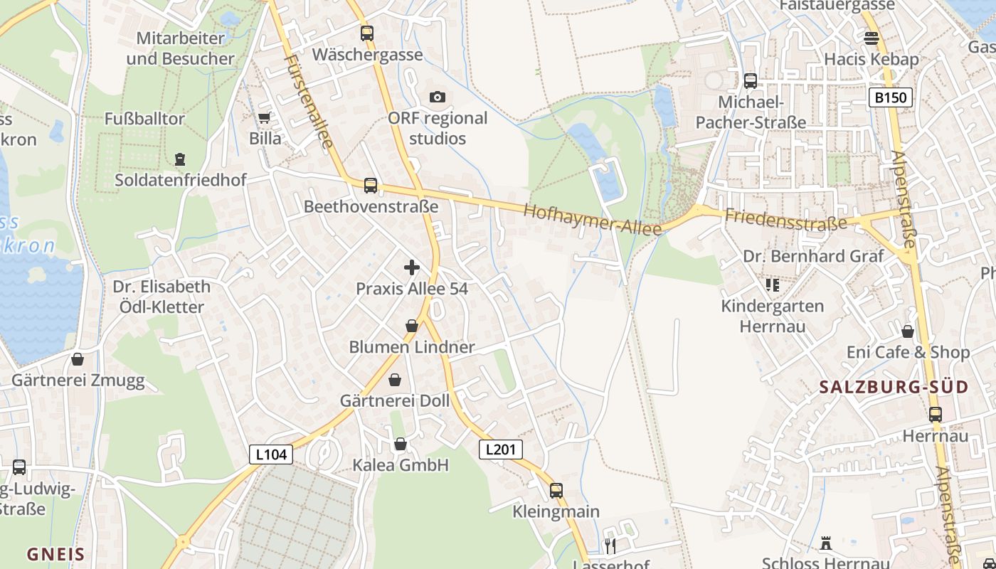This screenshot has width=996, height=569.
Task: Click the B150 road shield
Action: click(x=891, y=97)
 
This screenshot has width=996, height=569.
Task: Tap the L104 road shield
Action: click(x=271, y=454)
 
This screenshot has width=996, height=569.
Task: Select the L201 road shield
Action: click(x=501, y=450)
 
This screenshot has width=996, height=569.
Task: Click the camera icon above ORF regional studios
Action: click(x=438, y=97)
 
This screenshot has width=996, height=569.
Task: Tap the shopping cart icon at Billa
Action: click(x=265, y=118)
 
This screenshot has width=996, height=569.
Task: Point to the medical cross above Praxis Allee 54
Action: click(x=412, y=267)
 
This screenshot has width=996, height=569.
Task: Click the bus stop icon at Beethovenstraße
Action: click(x=371, y=186)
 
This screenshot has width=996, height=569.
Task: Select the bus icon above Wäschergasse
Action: click(x=367, y=33)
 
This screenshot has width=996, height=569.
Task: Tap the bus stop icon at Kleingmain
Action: click(x=556, y=490)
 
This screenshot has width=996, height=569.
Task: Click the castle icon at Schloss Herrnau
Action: click(x=826, y=543)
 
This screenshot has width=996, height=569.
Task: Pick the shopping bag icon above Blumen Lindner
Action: click(x=412, y=326)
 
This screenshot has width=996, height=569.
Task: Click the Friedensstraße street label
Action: click(x=786, y=218)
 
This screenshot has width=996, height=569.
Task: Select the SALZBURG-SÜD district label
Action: click(x=894, y=388)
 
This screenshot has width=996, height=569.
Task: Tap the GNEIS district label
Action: click(x=55, y=554)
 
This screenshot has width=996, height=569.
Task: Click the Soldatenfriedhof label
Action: click(x=181, y=180)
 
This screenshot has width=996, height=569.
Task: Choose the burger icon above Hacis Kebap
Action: click(x=871, y=38)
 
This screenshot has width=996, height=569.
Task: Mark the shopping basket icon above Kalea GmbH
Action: click(x=401, y=444)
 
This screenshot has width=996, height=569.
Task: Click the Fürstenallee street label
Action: click(x=308, y=100)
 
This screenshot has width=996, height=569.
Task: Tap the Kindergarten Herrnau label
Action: click(x=773, y=316)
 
